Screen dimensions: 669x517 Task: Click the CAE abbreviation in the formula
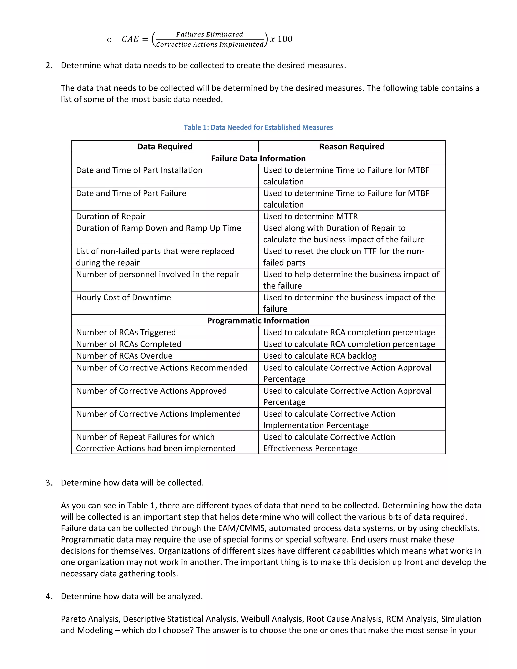[130, 39]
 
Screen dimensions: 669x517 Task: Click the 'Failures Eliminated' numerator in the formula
[210, 34]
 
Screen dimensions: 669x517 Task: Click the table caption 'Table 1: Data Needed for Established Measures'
[258, 127]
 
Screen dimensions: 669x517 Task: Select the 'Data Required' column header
[165, 147]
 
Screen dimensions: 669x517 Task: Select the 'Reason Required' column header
[352, 147]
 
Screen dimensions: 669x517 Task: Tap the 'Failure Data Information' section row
[258, 158]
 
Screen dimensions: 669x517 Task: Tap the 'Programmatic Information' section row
[258, 320]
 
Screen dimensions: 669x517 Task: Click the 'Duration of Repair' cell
[111, 216]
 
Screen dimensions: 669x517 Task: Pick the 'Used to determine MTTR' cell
[310, 216]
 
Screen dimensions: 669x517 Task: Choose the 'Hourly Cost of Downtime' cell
[123, 297]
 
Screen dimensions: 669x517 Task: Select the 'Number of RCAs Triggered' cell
[126, 332]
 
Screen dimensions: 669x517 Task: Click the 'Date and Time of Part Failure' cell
[131, 193]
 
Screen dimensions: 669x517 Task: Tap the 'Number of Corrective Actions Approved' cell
[151, 391]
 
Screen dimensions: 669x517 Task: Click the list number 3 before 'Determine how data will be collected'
[49, 483]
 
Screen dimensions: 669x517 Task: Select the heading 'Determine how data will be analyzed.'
[132, 596]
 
